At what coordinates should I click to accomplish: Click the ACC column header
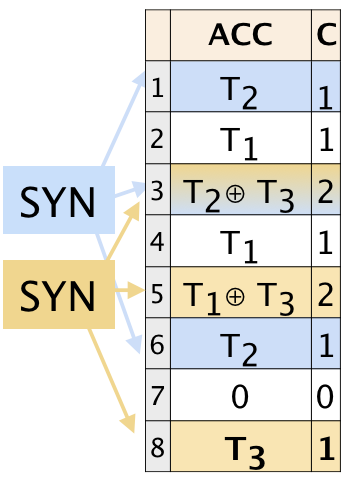pyautogui.click(x=240, y=36)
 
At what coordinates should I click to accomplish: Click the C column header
pyautogui.click(x=325, y=36)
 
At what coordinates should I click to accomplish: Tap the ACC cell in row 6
pyautogui.click(x=240, y=343)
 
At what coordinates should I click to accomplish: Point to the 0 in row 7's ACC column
pyautogui.click(x=240, y=395)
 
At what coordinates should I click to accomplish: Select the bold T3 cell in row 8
pyautogui.click(x=240, y=447)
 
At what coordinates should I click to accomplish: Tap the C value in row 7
pyautogui.click(x=325, y=395)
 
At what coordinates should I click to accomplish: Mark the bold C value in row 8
pyautogui.click(x=325, y=447)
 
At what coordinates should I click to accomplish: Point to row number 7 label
pyautogui.click(x=157, y=395)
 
